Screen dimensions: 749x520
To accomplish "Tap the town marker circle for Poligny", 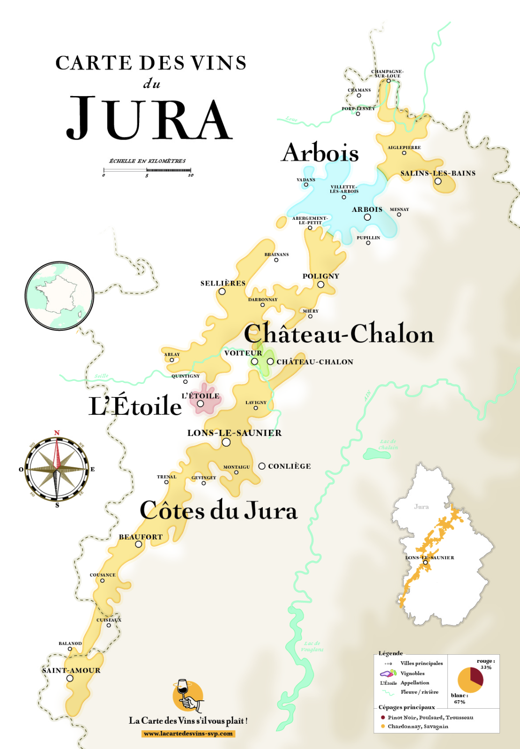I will (x=320, y=285).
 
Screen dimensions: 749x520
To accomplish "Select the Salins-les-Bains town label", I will (x=438, y=173).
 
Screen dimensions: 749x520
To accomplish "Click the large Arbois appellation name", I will (x=320, y=153).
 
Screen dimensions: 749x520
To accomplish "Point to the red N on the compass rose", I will (x=57, y=433).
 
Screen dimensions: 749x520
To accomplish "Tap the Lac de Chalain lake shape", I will (x=376, y=453).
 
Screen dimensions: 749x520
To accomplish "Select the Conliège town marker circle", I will (x=262, y=466).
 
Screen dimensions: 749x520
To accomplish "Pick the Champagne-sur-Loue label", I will (x=387, y=74).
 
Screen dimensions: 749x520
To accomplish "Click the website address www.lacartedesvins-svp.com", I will (x=188, y=734).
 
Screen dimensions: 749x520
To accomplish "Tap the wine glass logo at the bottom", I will (x=188, y=695).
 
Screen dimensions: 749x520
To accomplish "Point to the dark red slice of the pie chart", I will (x=476, y=676).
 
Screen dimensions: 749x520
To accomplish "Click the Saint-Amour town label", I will (x=71, y=670).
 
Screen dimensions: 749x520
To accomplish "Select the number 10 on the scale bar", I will (x=191, y=175).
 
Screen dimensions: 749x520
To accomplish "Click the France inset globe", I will (x=59, y=296).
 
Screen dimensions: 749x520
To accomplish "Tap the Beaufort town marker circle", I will (x=139, y=544).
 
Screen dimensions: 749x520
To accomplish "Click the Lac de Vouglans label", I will (x=312, y=646).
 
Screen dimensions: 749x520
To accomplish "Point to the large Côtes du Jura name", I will (x=218, y=510).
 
